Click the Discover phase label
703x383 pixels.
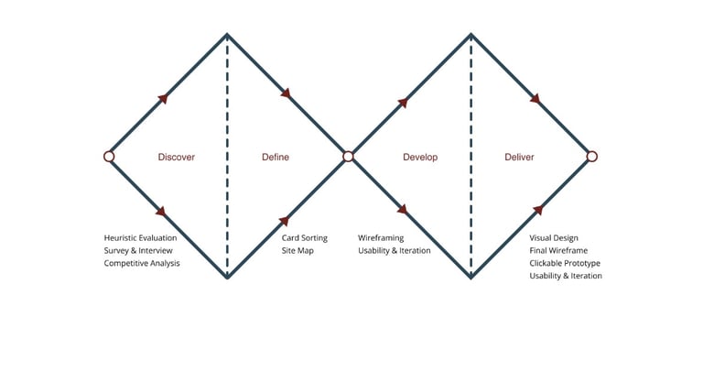pyautogui.click(x=176, y=157)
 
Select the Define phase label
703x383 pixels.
pyautogui.click(x=276, y=157)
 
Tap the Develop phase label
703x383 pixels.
pyautogui.click(x=420, y=157)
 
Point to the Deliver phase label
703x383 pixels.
pyautogui.click(x=519, y=157)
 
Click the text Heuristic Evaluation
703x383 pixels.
pyautogui.click(x=140, y=238)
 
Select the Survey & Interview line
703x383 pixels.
pyautogui.click(x=138, y=250)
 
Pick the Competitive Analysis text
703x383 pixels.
pyautogui.click(x=142, y=263)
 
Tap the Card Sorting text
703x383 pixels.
pyautogui.click(x=304, y=238)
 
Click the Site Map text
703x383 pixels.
pyautogui.click(x=297, y=250)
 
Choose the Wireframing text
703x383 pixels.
pyautogui.click(x=381, y=238)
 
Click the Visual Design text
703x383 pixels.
pyautogui.click(x=554, y=238)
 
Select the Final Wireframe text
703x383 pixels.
pyautogui.click(x=558, y=250)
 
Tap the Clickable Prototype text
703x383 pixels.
pyautogui.click(x=565, y=263)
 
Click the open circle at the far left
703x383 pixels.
pyautogui.click(x=109, y=157)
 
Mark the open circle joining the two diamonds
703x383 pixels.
pyautogui.click(x=348, y=157)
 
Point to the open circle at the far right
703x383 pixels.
pyautogui.click(x=591, y=157)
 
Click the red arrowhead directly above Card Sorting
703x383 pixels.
pyautogui.click(x=285, y=220)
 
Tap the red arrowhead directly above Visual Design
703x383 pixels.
pyautogui.click(x=535, y=211)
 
